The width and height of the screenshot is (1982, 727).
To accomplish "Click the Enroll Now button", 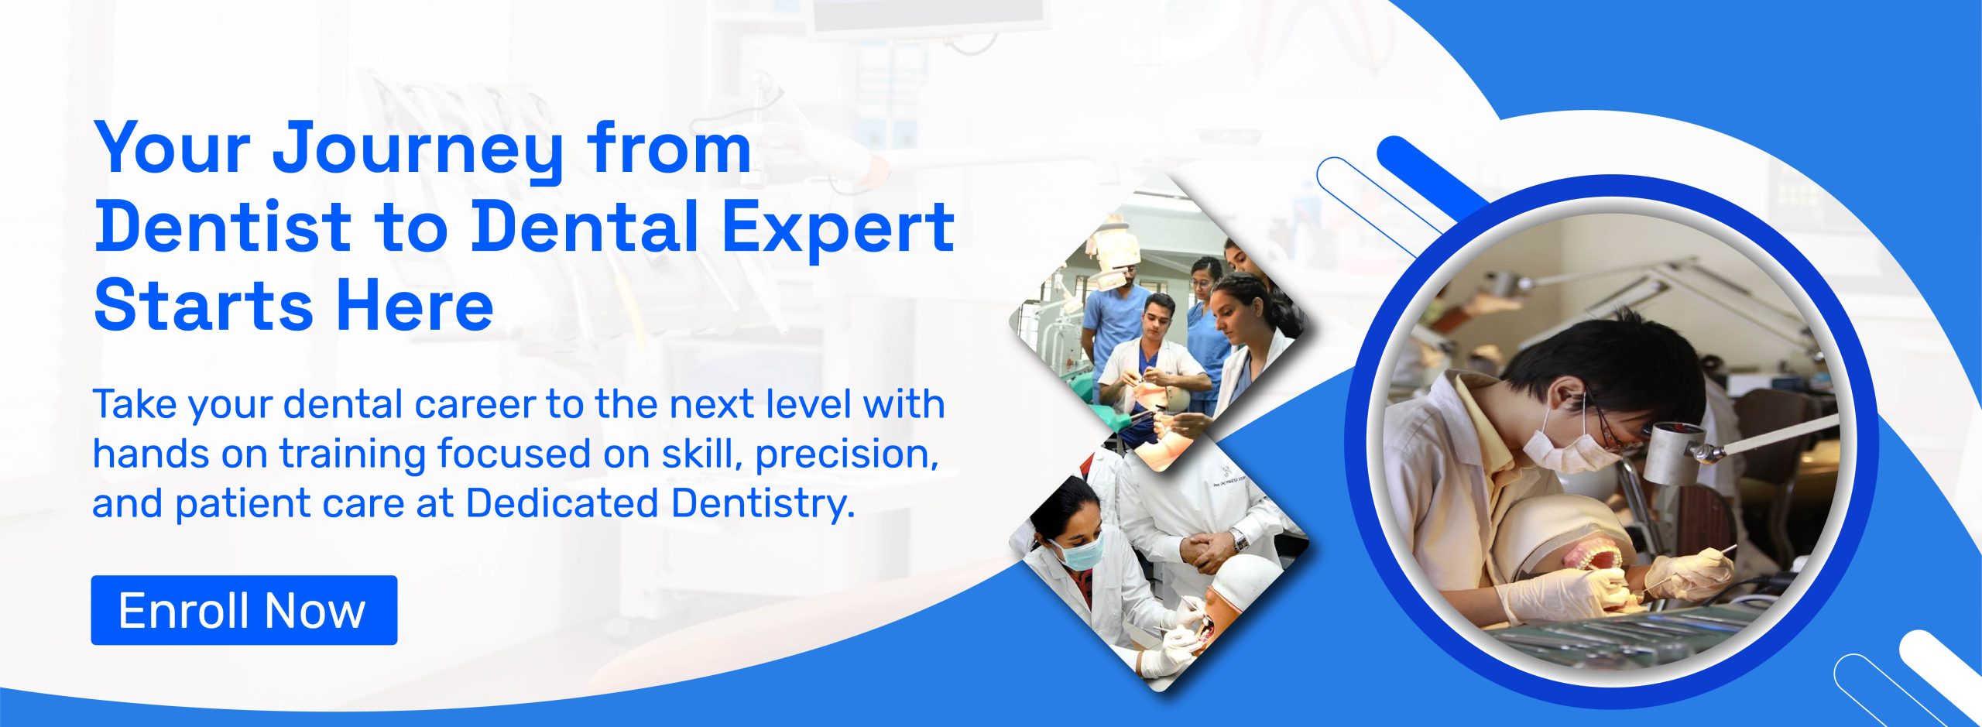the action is coord(244,610).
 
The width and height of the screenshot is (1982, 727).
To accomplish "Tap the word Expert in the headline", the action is coord(838,229).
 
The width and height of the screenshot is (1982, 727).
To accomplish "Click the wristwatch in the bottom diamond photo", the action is coord(1240,539).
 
